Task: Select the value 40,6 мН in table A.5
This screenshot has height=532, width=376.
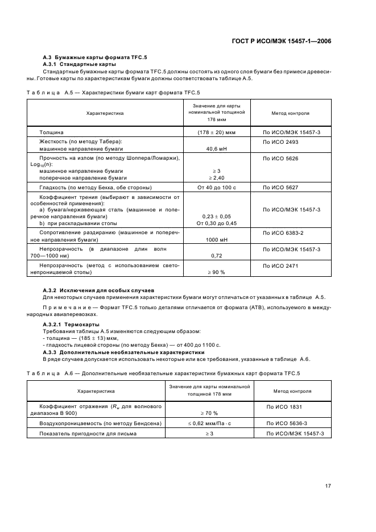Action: point(215,148)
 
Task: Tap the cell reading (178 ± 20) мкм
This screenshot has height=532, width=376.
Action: point(215,132)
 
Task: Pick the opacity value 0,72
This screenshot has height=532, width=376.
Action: point(215,256)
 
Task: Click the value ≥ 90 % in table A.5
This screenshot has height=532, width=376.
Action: point(215,272)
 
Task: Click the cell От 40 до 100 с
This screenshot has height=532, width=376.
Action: point(215,186)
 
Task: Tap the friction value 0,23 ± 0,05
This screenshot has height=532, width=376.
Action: point(215,217)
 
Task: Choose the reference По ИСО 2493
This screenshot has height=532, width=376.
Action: point(280,141)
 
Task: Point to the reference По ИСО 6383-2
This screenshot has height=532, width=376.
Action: point(283,233)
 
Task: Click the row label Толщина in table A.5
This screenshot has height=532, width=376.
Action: point(52,132)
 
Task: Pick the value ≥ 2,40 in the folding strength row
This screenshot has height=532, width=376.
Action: point(215,177)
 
